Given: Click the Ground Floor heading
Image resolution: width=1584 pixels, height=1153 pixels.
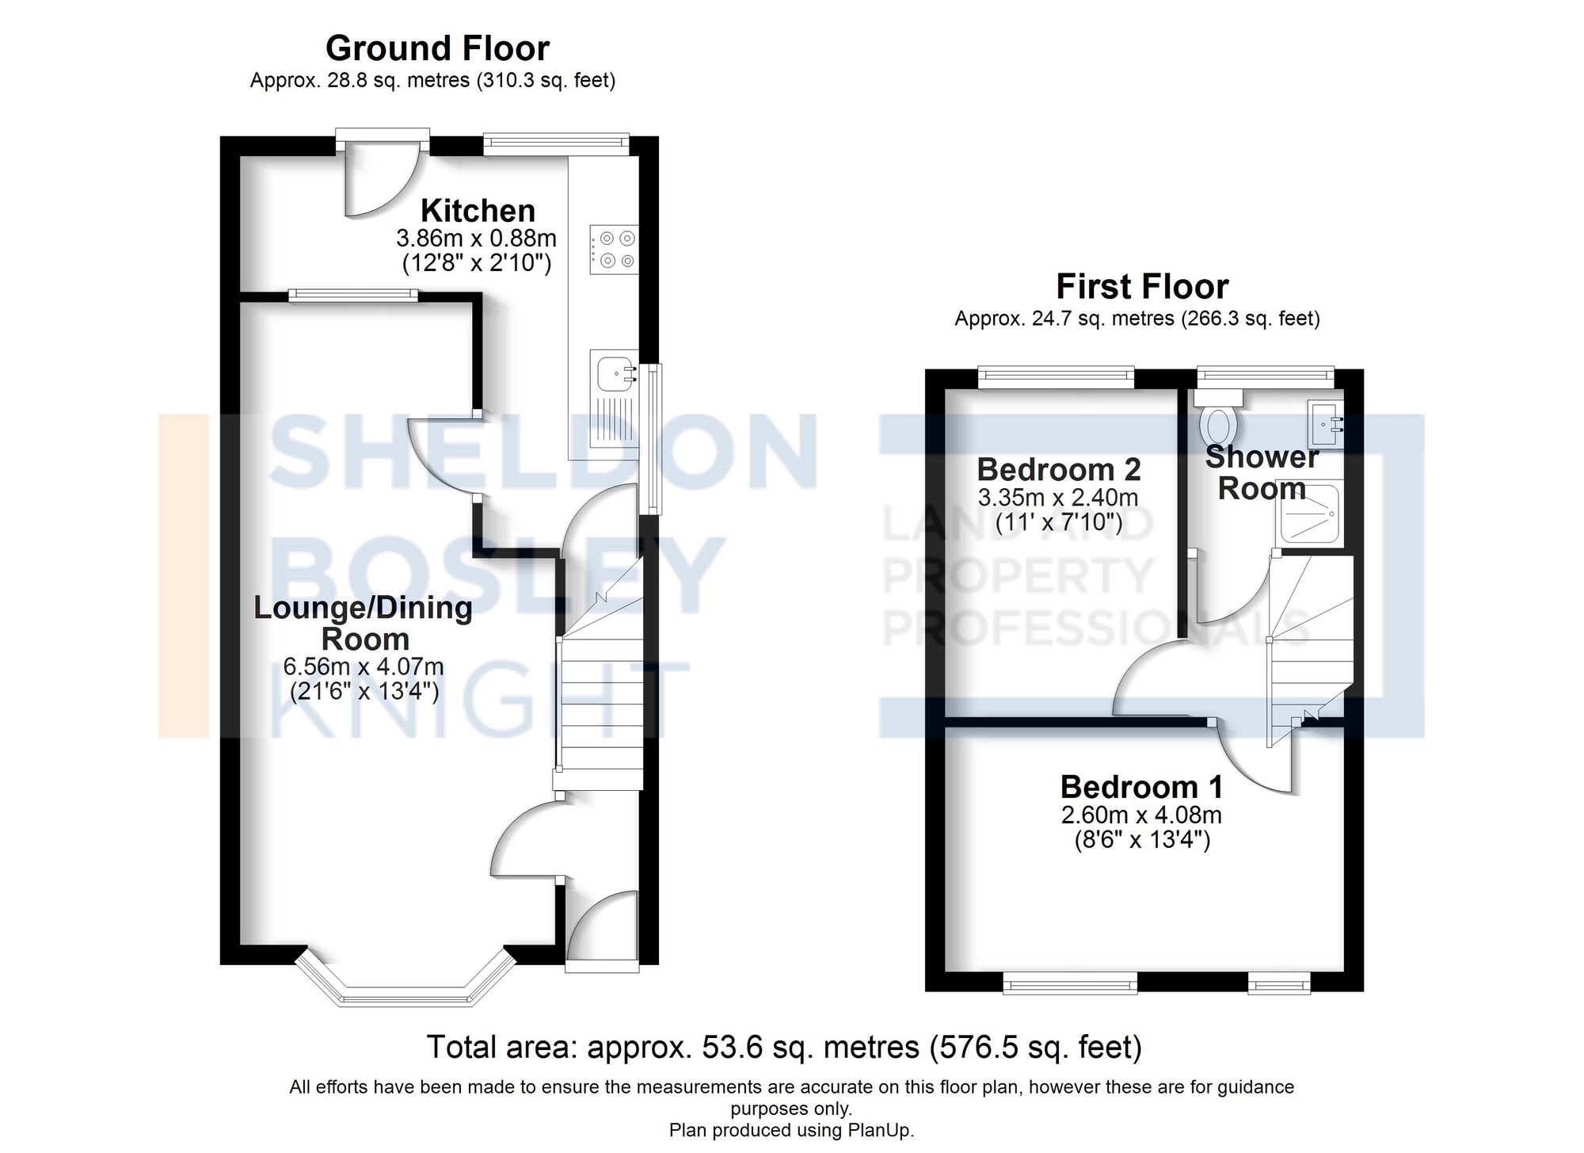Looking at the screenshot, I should [437, 48].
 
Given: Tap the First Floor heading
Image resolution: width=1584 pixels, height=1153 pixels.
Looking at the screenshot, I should [1141, 286].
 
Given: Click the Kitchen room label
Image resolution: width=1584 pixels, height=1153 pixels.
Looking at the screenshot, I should [478, 211].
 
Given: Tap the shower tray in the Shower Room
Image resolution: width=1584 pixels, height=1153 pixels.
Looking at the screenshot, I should [1308, 515].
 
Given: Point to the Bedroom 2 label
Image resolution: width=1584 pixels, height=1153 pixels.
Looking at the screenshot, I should [1058, 470].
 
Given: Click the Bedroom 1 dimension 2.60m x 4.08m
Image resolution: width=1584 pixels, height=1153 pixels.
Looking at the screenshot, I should [1141, 815].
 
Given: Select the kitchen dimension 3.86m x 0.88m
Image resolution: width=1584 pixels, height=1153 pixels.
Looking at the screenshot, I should [476, 238].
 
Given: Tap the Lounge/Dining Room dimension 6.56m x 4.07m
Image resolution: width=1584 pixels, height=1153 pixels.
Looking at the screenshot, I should [364, 666].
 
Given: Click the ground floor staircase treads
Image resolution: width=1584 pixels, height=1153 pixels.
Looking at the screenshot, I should [600, 705].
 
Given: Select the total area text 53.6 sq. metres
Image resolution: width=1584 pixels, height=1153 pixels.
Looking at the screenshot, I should [784, 1048].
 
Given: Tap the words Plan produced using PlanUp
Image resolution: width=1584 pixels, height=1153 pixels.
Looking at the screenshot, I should [791, 1130].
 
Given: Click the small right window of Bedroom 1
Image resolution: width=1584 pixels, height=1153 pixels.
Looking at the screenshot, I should [1279, 984].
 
